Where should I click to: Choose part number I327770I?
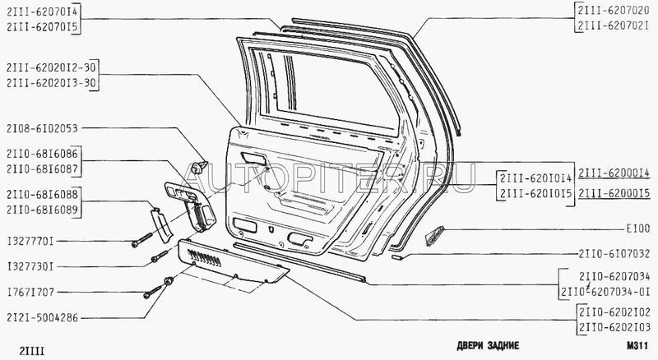click(34, 242)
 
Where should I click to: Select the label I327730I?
click(34, 268)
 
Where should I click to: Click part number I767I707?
click(34, 293)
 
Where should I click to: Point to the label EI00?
click(636, 231)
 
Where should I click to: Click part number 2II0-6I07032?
click(614, 255)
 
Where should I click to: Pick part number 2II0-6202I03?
click(614, 326)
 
